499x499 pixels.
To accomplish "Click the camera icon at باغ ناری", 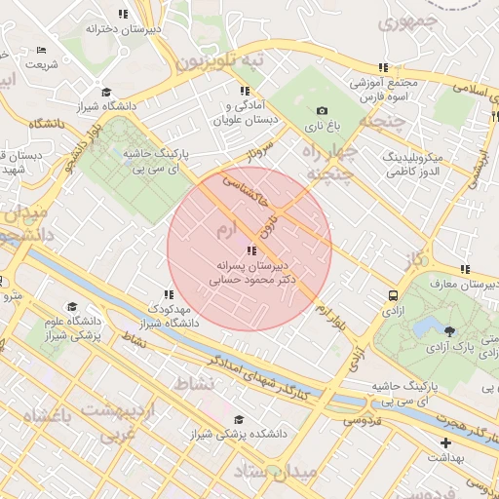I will tap(323, 111).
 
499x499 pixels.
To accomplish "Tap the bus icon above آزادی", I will tap(393, 294).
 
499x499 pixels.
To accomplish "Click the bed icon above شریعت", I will tap(40, 51).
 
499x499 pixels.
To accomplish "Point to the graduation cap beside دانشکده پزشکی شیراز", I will tap(239, 420).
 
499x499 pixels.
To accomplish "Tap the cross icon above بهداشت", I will tap(445, 443).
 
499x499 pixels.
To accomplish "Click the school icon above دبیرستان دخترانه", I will tap(123, 14).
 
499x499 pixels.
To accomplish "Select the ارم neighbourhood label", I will tap(225, 230).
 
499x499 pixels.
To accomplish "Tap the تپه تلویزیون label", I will tap(219, 61).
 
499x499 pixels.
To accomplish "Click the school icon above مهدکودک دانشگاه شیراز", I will tap(169, 293).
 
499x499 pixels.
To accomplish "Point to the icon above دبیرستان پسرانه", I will tap(252, 250).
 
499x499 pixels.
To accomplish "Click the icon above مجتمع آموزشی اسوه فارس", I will tap(383, 67).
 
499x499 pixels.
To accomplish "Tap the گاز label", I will tap(418, 258).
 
